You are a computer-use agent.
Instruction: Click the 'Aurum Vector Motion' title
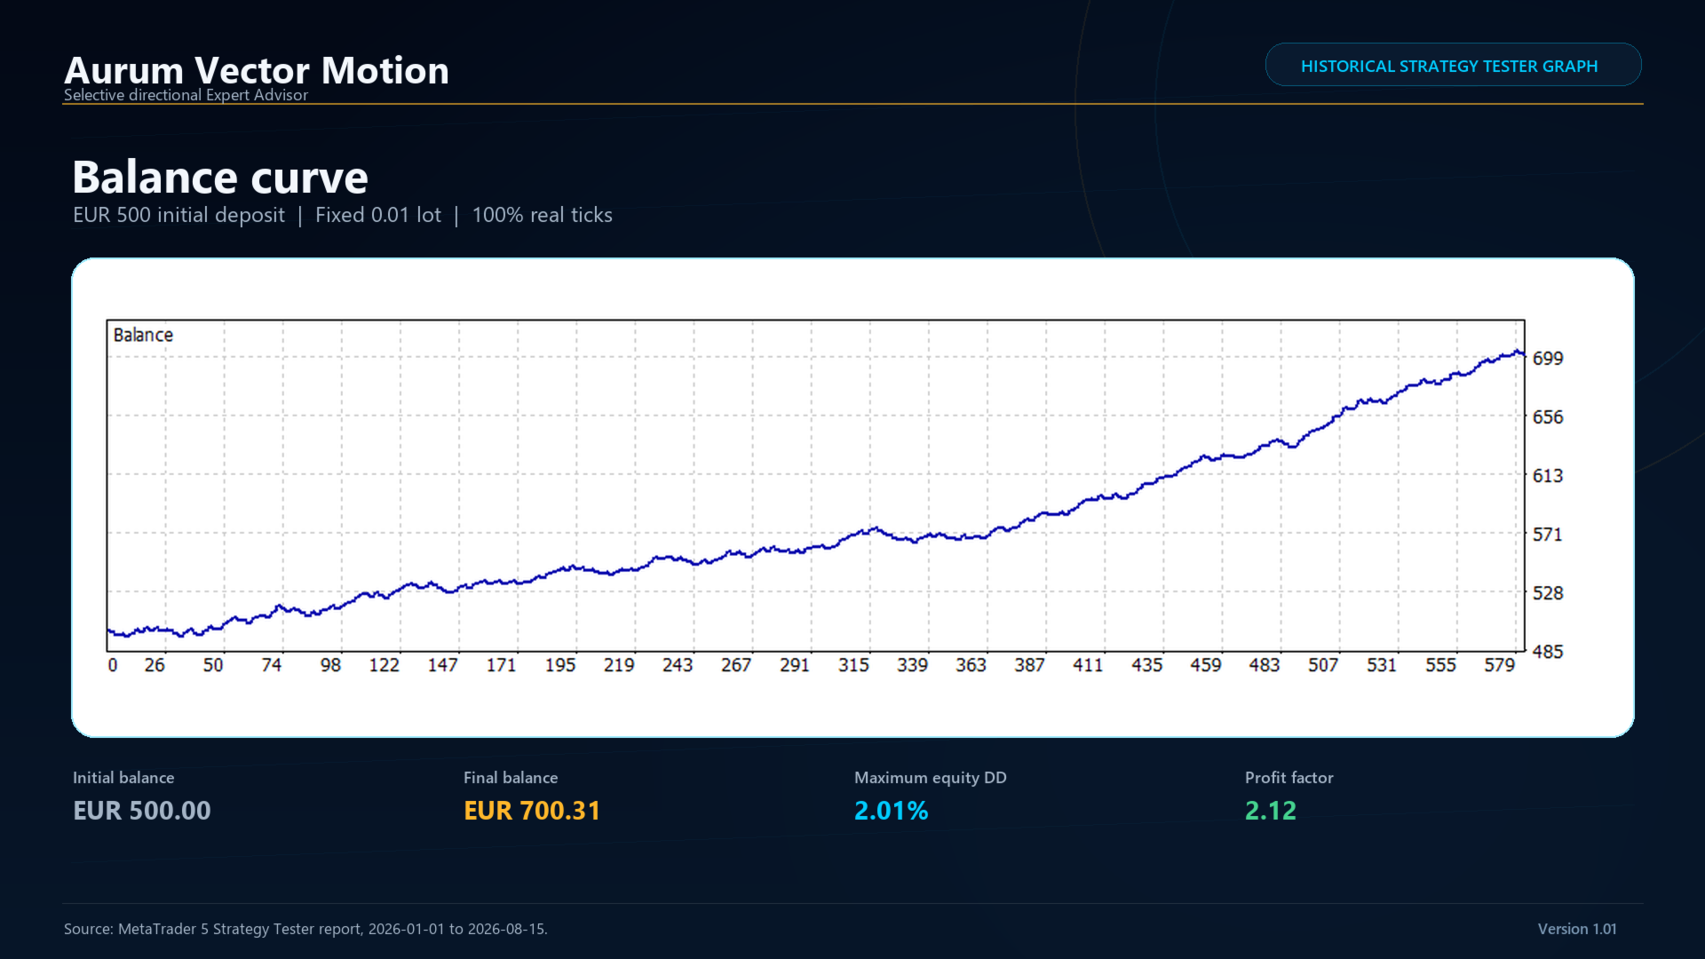coord(257,70)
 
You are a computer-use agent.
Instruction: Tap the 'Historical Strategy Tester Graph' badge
coord(1453,65)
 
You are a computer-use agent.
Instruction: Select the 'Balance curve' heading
coord(220,177)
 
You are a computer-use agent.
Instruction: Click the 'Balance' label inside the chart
coord(143,335)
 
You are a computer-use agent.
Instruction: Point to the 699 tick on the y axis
coord(1548,358)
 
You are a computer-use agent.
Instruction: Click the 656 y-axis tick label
coord(1548,416)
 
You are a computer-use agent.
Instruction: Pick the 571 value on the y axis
coord(1548,534)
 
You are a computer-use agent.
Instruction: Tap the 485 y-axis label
coord(1548,651)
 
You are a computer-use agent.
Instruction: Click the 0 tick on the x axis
coord(113,665)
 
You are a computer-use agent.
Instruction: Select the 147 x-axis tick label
coord(442,665)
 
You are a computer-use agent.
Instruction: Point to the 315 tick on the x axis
coord(853,665)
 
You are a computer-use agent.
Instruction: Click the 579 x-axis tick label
coord(1500,665)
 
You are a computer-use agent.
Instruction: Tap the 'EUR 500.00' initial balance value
coord(142,810)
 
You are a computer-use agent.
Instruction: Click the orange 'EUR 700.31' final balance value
coord(532,810)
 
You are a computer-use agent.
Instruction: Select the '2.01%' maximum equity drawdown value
coord(892,810)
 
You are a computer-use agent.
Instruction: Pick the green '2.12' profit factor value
coord(1271,810)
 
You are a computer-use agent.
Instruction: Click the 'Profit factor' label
coord(1289,777)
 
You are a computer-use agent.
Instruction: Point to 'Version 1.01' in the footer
coord(1577,929)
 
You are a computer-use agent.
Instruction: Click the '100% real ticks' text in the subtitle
coord(543,215)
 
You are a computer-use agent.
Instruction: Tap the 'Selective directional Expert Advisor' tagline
coord(186,95)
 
